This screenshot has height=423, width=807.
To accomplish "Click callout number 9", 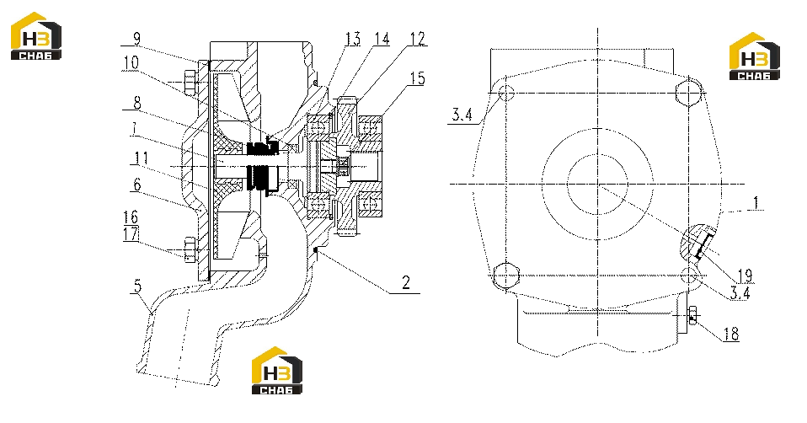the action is coord(136,39).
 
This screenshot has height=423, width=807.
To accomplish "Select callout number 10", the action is coord(131,62).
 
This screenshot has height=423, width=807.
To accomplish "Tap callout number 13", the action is coord(353,39).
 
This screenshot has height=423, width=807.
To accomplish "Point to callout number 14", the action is coord(382,39).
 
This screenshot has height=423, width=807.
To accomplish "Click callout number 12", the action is coord(417,39).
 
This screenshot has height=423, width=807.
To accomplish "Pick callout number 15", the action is coord(417,78).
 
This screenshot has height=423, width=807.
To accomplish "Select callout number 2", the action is coord(406,282).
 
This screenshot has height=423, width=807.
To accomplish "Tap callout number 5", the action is coord(137,286).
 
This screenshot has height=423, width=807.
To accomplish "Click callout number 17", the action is coord(131,234).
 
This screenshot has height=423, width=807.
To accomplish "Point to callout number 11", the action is coord(139,158).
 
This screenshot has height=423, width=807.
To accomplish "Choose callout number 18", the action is coord(731,335).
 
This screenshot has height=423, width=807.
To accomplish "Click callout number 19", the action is coord(745,276).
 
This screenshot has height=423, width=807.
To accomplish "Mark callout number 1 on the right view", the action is coord(756,203).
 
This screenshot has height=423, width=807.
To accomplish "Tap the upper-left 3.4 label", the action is coord(462,115).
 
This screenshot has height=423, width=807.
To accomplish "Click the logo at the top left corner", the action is coord(36,36).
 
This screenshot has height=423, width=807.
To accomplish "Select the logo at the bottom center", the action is coord(277,371).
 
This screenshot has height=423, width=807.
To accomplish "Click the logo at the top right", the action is coord(755,56).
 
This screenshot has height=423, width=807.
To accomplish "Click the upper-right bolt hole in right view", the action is coord(688,92).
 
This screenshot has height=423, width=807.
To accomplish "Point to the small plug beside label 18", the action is coord(692,315).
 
